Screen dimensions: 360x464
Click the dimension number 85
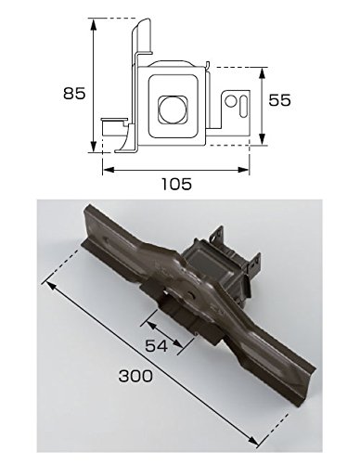[74, 93]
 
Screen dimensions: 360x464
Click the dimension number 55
[279, 100]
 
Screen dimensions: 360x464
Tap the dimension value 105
[177, 184]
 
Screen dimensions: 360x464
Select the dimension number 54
[157, 345]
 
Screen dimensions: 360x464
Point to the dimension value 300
[135, 376]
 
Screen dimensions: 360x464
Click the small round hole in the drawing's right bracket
[230, 101]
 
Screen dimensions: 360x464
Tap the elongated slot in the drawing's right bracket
[243, 107]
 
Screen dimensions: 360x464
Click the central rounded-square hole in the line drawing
[173, 110]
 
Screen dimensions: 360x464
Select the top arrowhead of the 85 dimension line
[93, 24]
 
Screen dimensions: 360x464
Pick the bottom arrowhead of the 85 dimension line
[93, 146]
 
